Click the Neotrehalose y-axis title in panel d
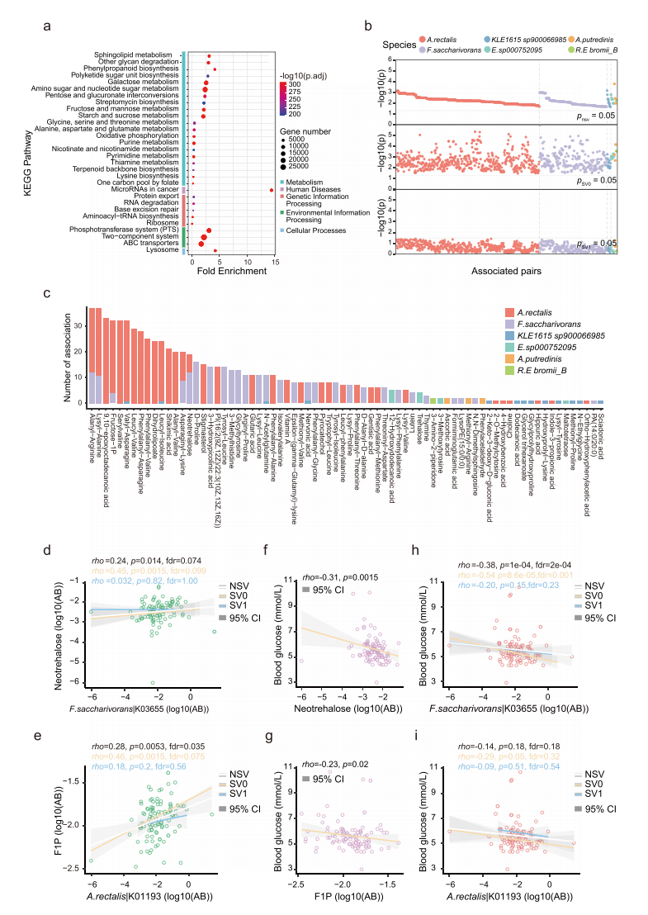[72, 632]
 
